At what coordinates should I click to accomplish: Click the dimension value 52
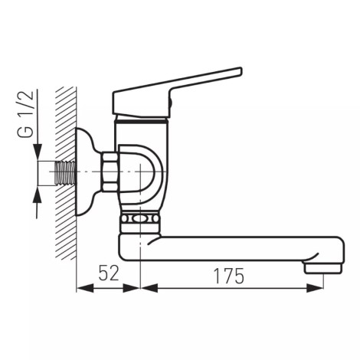click(109, 273)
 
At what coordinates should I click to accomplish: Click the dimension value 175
click(229, 277)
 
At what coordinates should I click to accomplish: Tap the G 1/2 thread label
click(25, 114)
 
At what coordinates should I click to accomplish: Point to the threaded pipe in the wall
click(65, 172)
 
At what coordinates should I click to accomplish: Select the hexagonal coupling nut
click(110, 172)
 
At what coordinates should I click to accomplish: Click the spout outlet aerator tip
click(322, 267)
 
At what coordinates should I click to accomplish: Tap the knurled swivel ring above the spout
click(141, 219)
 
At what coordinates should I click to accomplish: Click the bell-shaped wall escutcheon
click(88, 172)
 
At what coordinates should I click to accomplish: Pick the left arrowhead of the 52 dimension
click(85, 289)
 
